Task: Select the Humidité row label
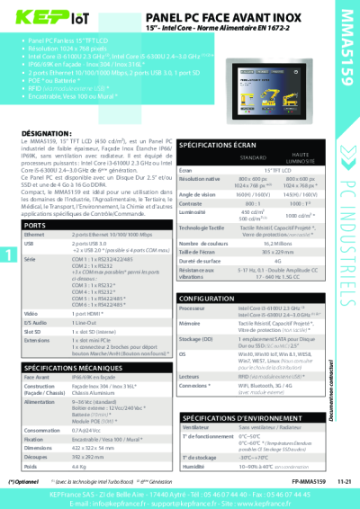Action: tap(193, 468)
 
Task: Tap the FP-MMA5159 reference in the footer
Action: tap(282, 482)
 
